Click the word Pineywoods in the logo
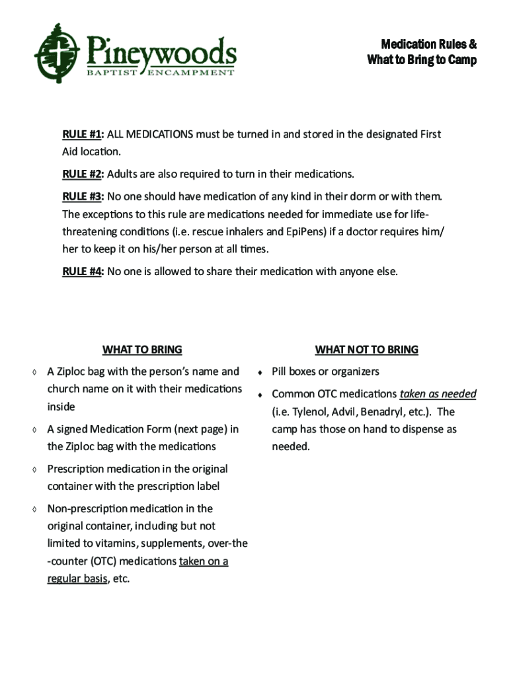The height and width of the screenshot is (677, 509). pos(161,50)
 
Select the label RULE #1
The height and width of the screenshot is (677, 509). pos(82,134)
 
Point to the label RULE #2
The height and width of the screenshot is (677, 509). pos(82,175)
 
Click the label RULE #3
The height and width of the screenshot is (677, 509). pos(82,197)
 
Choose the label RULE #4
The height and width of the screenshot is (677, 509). pos(82,271)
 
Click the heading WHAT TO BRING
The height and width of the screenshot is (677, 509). pos(142,349)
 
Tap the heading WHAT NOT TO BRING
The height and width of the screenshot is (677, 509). pos(366,349)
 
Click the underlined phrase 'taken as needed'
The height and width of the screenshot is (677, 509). pos(438,394)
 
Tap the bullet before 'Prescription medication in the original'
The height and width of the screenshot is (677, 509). pos(34,469)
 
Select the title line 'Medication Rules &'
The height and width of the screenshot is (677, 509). pos(428,44)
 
